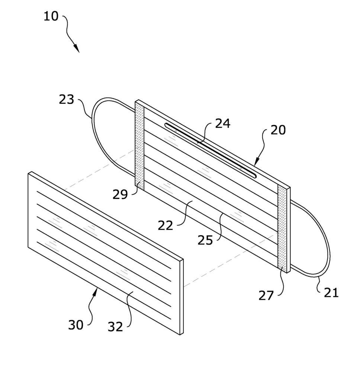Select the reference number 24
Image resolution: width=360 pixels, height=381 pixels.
click(x=222, y=123)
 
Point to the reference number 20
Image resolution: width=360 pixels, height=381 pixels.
click(x=278, y=130)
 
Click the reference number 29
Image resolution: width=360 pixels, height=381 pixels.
click(x=120, y=194)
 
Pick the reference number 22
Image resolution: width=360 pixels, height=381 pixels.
click(x=165, y=225)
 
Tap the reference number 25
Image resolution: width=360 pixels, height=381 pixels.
click(x=205, y=240)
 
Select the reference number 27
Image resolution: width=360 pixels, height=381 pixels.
click(x=266, y=296)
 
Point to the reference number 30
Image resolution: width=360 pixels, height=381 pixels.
click(x=76, y=325)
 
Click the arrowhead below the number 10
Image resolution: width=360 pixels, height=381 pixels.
click(x=77, y=49)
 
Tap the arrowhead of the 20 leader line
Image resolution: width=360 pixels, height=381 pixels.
click(x=256, y=162)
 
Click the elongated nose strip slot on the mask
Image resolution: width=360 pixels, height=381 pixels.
click(x=210, y=150)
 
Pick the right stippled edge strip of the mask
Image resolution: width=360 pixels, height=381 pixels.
click(x=282, y=229)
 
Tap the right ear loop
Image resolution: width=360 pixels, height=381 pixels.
click(x=316, y=242)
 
